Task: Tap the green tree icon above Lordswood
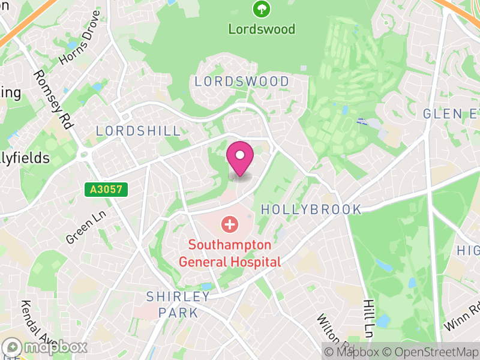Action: click(262, 9)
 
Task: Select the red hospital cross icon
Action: click(229, 225)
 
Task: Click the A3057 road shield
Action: click(106, 190)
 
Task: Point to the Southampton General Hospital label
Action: click(230, 253)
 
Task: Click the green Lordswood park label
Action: click(262, 29)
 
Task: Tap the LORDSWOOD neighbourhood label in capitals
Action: click(242, 81)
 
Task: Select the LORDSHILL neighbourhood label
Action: click(138, 131)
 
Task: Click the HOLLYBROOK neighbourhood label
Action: click(312, 209)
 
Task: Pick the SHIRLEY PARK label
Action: click(179, 304)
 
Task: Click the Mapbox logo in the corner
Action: click(46, 347)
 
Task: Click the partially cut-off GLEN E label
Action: click(451, 113)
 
